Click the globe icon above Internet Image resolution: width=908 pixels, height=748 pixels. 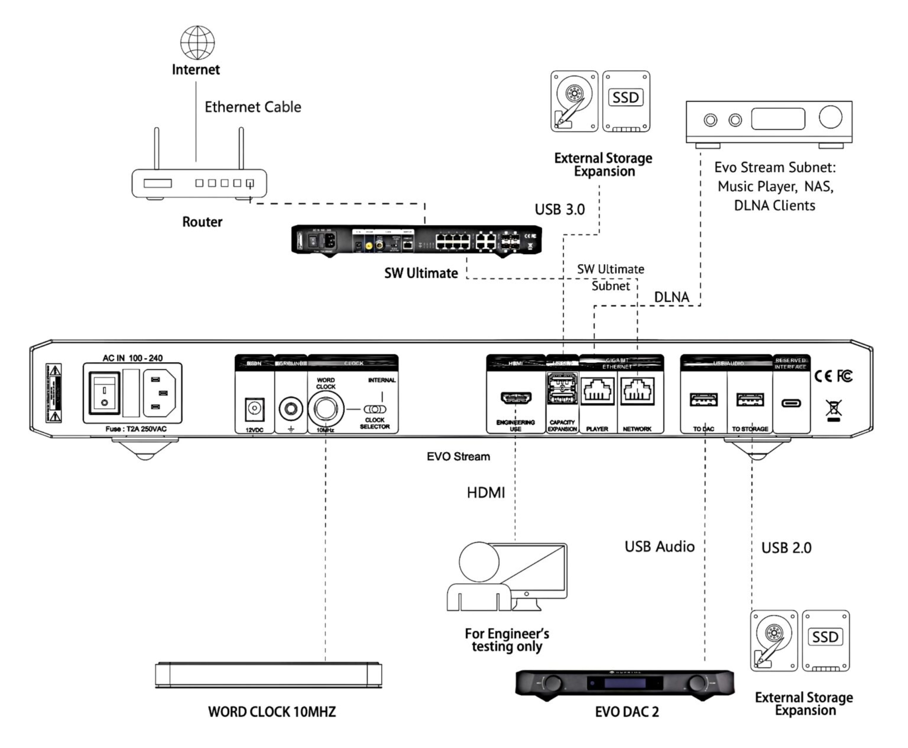(x=197, y=43)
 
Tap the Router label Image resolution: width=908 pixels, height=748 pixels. (x=202, y=222)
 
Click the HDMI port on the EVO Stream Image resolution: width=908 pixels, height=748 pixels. (x=516, y=398)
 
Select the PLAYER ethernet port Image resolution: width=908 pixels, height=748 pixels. (x=597, y=391)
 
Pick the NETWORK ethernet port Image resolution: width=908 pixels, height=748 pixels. (x=637, y=391)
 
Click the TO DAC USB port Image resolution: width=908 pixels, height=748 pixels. (x=703, y=400)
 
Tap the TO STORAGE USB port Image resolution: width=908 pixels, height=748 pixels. (x=750, y=400)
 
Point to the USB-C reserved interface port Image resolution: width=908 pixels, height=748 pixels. (x=791, y=403)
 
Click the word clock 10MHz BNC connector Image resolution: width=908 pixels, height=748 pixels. (x=326, y=408)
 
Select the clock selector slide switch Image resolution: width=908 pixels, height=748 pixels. (x=375, y=409)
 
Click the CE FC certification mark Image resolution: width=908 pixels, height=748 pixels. (x=833, y=376)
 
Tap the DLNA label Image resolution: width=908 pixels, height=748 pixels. (x=671, y=297)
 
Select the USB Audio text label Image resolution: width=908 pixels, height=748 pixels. (x=659, y=546)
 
